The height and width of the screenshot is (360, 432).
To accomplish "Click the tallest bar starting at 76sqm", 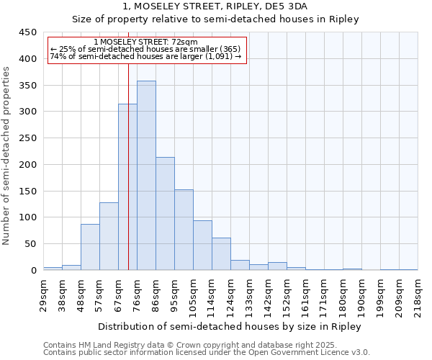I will (x=146, y=176).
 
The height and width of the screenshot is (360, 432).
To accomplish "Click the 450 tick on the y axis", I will (x=28, y=32).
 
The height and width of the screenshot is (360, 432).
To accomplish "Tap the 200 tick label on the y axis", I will (x=28, y=165).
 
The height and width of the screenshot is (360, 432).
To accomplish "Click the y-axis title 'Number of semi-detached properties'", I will (x=6, y=155).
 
